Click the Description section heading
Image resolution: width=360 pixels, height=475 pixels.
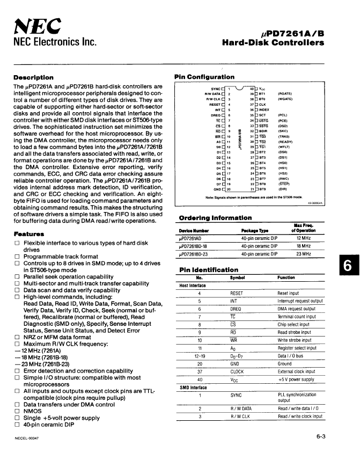pyautogui.click(x=33, y=77)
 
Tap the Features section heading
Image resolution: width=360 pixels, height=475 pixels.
pyautogui.click(x=29, y=234)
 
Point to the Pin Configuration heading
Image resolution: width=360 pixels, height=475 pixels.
pyautogui.click(x=204, y=77)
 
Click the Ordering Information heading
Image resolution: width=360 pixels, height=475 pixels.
pyautogui.click(x=215, y=217)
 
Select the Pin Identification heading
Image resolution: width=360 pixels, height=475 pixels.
pyautogui.click(x=209, y=270)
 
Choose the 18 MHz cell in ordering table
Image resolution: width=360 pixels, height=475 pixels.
pyautogui.click(x=304, y=246)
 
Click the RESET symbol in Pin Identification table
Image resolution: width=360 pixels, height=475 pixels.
pyautogui.click(x=237, y=294)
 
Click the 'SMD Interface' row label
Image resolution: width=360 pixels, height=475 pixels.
pyautogui.click(x=193, y=387)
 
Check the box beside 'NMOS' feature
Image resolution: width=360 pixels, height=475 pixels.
pyautogui.click(x=17, y=411)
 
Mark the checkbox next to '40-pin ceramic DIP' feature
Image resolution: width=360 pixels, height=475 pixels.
pyautogui.click(x=17, y=425)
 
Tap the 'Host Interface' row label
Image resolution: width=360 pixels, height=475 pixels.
pyautogui.click(x=193, y=286)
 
